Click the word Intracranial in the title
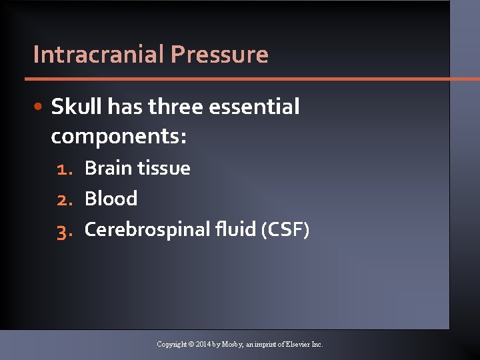click(99, 54)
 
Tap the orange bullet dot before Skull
click(41, 107)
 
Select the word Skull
click(76, 106)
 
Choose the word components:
click(119, 137)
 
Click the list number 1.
click(64, 169)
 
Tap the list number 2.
click(64, 199)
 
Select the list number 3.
click(64, 230)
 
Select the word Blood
click(111, 199)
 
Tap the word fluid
click(237, 229)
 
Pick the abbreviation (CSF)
click(285, 230)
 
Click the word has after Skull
click(125, 106)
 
